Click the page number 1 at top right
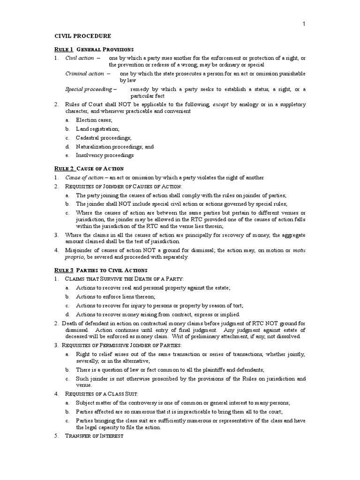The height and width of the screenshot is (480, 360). click(304, 24)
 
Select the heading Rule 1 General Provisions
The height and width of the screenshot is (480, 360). click(94, 49)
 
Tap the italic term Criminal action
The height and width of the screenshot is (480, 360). click(85, 74)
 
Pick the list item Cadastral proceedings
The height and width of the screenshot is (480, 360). click(104, 138)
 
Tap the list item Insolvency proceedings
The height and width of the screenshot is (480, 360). click(105, 155)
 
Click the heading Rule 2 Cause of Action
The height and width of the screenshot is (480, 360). click(89, 168)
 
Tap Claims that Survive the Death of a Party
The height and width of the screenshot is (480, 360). click(124, 279)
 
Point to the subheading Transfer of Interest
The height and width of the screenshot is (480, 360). click(94, 436)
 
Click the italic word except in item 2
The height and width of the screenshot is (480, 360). click(220, 105)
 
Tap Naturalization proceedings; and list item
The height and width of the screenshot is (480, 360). click(115, 146)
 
